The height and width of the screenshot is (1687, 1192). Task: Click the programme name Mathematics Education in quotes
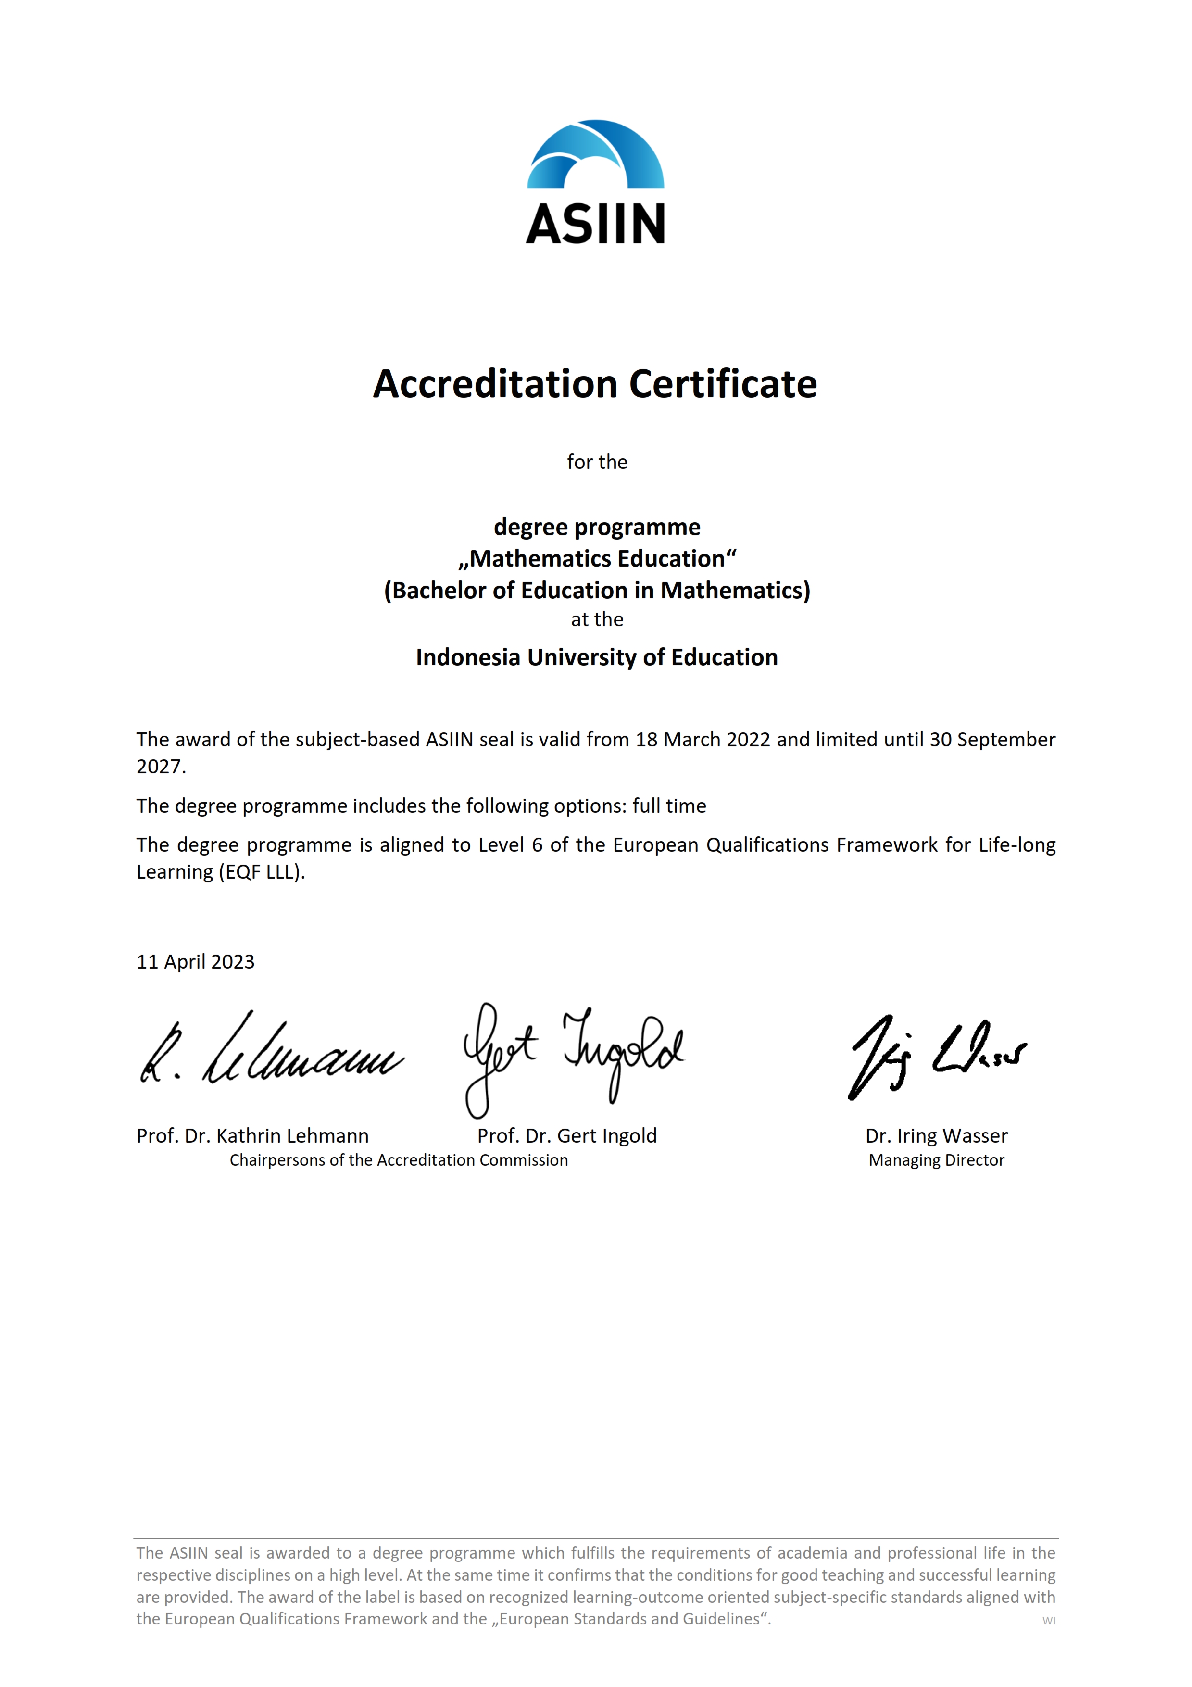coord(597,558)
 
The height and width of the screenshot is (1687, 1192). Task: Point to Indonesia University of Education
coord(596,657)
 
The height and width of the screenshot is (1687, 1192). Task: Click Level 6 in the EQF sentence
coord(511,845)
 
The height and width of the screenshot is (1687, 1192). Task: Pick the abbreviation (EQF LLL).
coord(262,872)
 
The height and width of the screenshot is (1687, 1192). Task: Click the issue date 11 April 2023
coord(195,962)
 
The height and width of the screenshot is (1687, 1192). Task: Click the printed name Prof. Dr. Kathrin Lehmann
coord(252,1136)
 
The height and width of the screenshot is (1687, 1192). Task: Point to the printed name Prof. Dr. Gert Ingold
coord(567,1136)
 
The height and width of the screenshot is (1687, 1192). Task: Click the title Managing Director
coord(936,1160)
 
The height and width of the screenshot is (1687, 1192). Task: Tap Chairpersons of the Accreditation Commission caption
coord(399,1160)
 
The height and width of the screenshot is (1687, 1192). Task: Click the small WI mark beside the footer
coord(1049,1621)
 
